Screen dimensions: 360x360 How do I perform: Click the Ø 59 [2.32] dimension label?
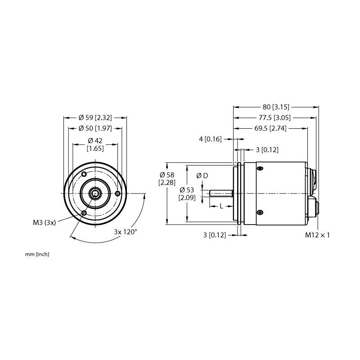pyautogui.click(x=95, y=118)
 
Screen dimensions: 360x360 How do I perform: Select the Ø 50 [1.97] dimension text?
pyautogui.click(x=95, y=128)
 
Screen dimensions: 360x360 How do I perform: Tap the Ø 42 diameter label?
pyautogui.click(x=95, y=140)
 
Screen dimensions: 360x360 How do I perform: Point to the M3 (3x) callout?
pyautogui.click(x=44, y=222)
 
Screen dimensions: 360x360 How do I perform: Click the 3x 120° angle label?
pyautogui.click(x=126, y=232)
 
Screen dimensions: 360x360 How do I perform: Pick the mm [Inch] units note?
pyautogui.click(x=37, y=254)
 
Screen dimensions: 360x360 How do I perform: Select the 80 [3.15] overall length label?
pyautogui.click(x=276, y=107)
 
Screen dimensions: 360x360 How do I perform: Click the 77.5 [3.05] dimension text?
pyautogui.click(x=274, y=118)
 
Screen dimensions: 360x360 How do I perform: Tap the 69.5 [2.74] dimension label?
pyautogui.click(x=270, y=128)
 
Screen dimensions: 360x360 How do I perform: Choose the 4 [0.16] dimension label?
pyautogui.click(x=210, y=139)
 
